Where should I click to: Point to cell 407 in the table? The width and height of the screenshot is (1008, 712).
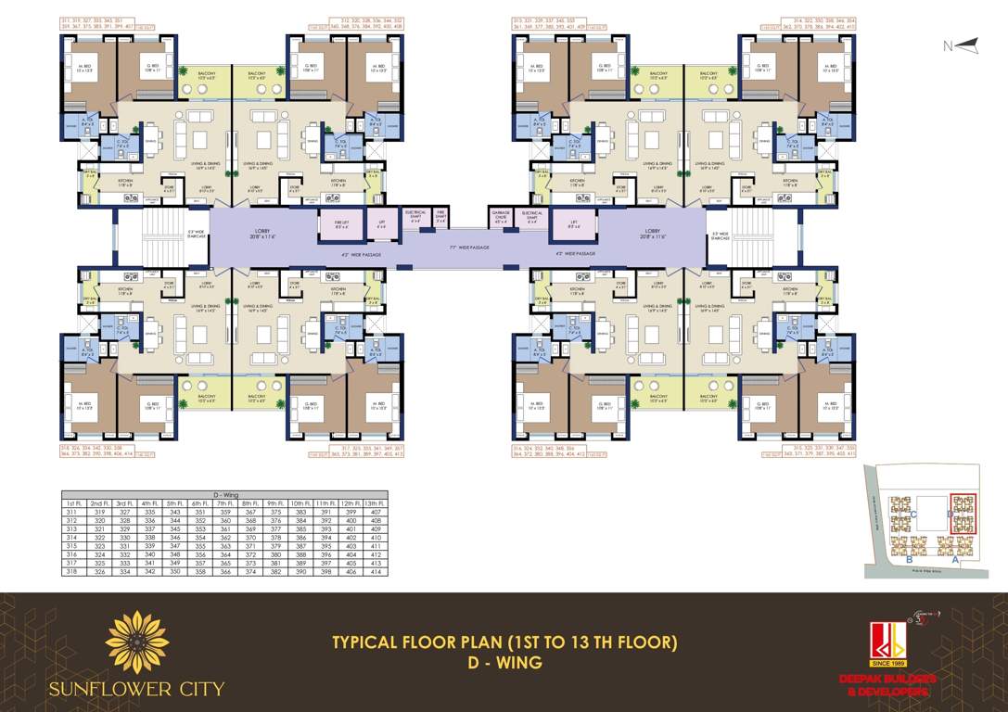tap(376, 512)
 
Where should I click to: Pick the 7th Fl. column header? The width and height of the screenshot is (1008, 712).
tap(224, 503)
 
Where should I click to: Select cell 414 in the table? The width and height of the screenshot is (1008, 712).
tap(376, 571)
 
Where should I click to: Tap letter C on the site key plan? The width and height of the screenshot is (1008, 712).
tap(913, 514)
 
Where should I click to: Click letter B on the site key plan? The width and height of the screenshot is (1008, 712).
tap(909, 559)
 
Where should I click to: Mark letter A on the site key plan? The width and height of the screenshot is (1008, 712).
tap(955, 559)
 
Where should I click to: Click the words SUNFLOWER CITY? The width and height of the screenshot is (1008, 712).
tap(137, 689)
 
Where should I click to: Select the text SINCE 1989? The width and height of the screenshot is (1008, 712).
tap(887, 664)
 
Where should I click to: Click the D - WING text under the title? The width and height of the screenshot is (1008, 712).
tap(504, 664)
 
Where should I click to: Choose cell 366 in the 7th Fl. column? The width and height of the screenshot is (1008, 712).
tap(224, 571)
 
